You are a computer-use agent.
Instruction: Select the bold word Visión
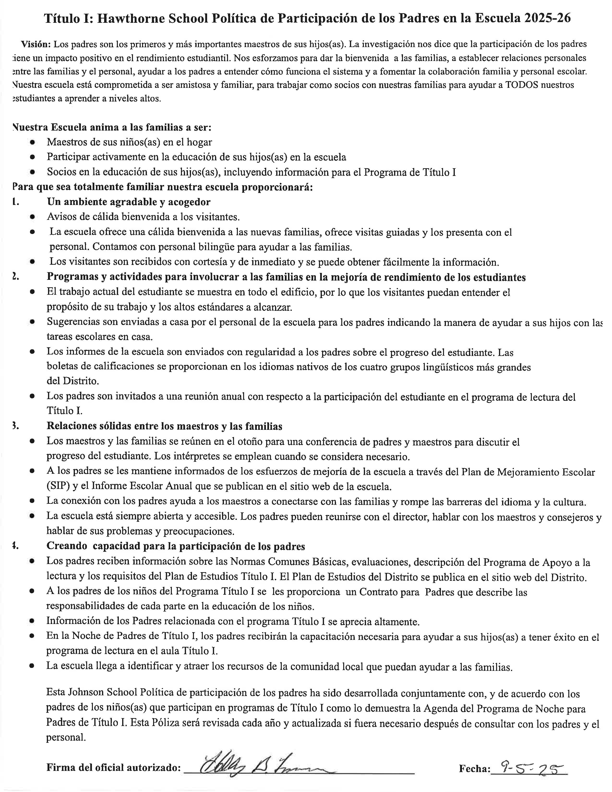coord(36,44)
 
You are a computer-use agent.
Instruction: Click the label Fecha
coord(474,768)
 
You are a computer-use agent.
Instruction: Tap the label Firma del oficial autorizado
coord(114,768)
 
